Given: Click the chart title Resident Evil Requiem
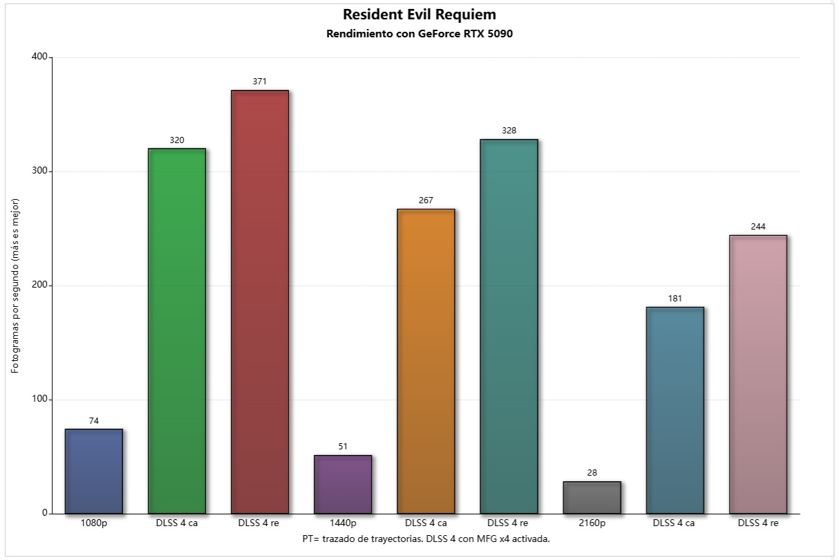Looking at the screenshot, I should click(419, 15).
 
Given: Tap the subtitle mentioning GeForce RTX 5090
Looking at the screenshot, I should click(419, 34).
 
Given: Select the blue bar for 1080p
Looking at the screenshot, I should click(94, 472).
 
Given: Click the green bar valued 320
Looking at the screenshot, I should click(177, 331).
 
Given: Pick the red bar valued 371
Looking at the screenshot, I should click(260, 302).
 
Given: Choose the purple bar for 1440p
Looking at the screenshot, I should click(343, 484).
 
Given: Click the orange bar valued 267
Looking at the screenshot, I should click(426, 361).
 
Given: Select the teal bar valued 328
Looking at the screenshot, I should click(509, 326).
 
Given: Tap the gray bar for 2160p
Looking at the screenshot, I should click(592, 497).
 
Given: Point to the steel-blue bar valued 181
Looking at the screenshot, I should click(675, 410).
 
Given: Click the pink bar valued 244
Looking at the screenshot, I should click(758, 374).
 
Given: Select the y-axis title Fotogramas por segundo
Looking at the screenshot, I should click(15, 286).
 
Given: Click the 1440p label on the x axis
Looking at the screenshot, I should click(343, 523).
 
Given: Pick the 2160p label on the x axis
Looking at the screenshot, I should click(592, 523).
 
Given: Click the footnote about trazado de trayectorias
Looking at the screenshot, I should click(426, 538).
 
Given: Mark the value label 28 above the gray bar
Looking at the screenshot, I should click(592, 472).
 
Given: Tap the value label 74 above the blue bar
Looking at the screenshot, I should click(94, 420).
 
